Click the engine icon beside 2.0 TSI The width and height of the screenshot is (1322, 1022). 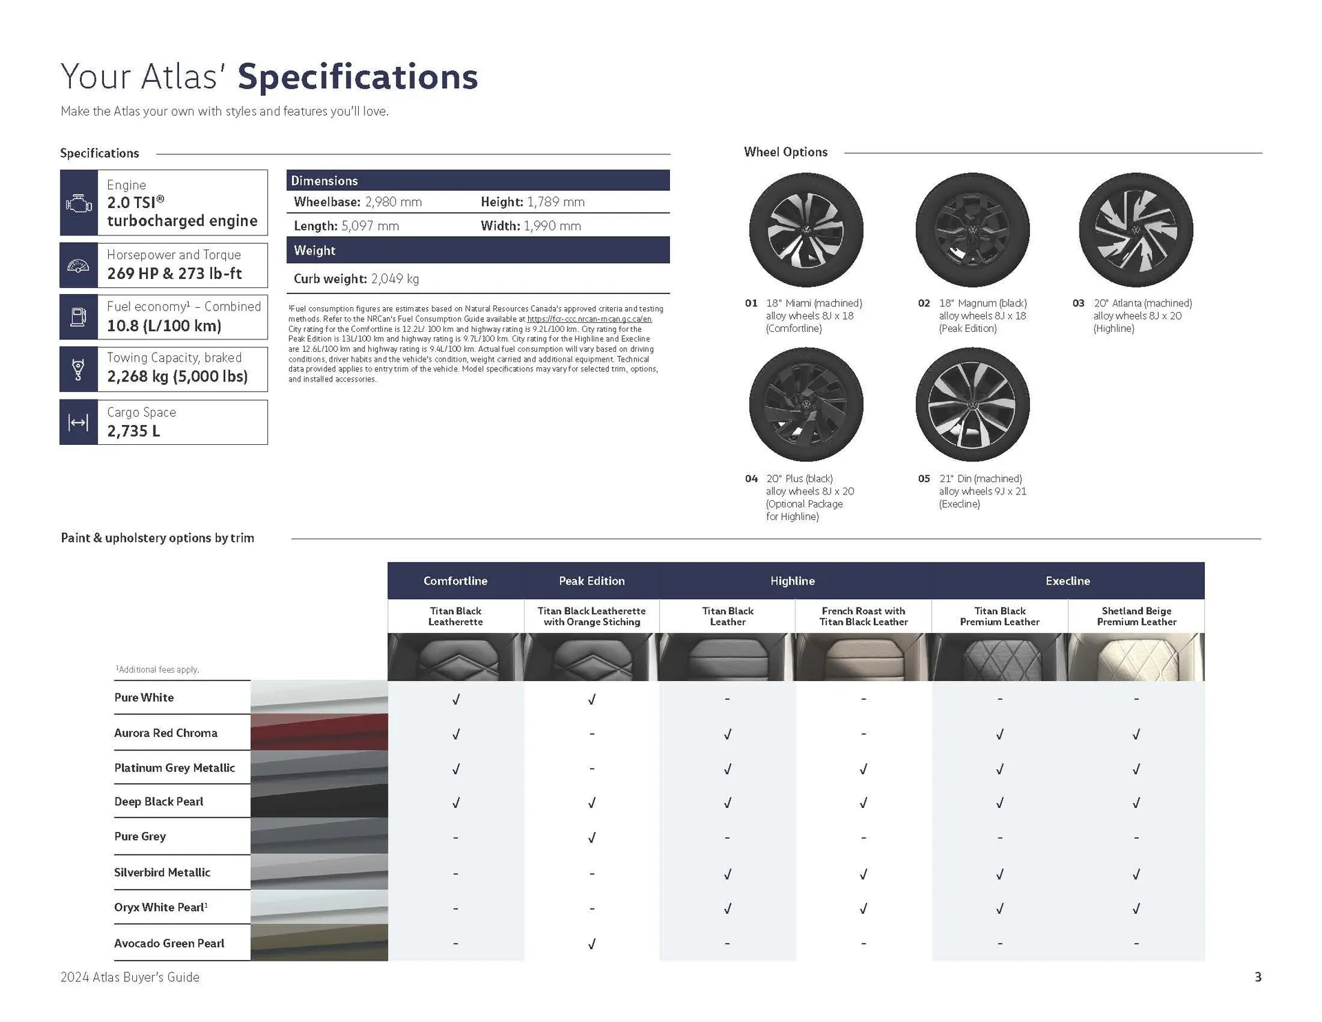78,203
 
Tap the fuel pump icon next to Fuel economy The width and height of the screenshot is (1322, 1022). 78,317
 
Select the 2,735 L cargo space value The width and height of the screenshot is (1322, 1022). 134,431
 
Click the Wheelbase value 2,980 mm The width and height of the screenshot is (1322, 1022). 393,202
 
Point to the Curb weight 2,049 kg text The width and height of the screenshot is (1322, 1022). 356,279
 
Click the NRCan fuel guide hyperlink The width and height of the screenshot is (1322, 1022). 589,319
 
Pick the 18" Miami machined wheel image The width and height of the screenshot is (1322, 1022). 806,230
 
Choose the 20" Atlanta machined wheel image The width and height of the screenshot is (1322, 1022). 1135,230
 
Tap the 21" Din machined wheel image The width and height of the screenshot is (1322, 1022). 972,404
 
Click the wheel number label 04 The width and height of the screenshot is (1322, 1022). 751,479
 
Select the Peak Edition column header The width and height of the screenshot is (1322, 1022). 591,581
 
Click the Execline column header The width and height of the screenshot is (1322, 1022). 1067,581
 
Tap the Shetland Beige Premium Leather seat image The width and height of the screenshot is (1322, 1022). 1136,657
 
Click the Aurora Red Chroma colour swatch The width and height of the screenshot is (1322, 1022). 319,732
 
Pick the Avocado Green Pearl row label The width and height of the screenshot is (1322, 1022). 169,943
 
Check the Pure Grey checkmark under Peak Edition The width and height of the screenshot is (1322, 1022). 591,837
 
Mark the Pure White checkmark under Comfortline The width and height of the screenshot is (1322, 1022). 456,699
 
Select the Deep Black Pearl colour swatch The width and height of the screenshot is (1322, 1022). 319,802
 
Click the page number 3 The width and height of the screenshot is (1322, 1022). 1257,977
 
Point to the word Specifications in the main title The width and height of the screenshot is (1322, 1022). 357,77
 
